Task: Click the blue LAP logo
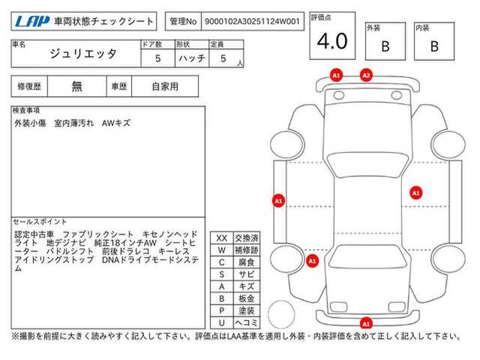[x=32, y=22]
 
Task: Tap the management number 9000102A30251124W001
[x=252, y=22]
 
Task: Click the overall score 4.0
[x=332, y=41]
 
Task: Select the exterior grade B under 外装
[x=385, y=46]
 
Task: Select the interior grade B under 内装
[x=434, y=46]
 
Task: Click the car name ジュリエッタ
[x=83, y=54]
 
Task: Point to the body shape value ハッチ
[x=192, y=58]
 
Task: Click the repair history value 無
[x=76, y=87]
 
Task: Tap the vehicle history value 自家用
[x=165, y=87]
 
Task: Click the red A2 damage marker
[x=366, y=75]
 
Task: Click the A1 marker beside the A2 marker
[x=336, y=75]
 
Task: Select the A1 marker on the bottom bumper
[x=366, y=323]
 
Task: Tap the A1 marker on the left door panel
[x=278, y=201]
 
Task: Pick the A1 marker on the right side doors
[x=415, y=193]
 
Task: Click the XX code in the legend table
[x=222, y=238]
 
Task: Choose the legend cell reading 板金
[x=247, y=298]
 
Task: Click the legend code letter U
[x=222, y=322]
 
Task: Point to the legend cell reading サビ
[x=247, y=274]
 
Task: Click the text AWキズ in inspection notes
[x=116, y=123]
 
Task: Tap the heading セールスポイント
[x=40, y=222]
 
